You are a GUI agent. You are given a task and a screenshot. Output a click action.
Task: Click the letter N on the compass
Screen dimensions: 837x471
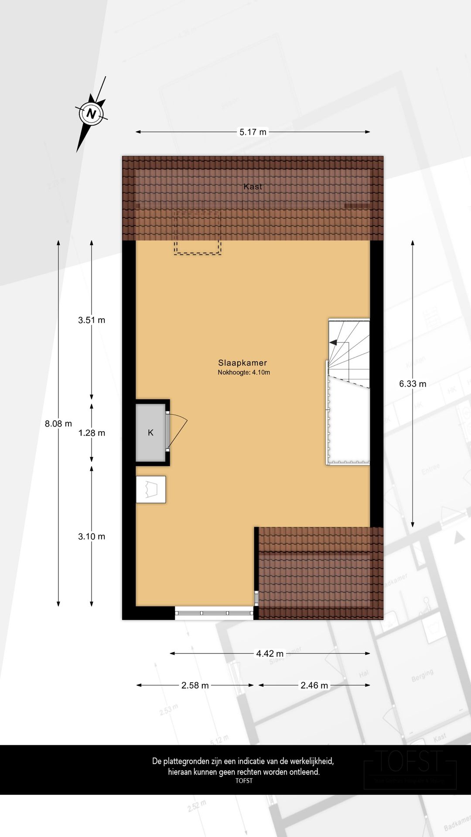[x=91, y=114]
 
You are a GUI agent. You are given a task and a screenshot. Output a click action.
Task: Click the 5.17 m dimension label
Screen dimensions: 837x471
[x=253, y=132]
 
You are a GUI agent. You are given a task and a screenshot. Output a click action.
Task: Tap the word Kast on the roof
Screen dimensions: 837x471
[x=253, y=187]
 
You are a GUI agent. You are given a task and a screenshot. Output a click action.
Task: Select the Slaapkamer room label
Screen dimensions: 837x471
[x=242, y=363]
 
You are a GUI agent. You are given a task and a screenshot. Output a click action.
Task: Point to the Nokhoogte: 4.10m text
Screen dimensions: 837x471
[x=244, y=372]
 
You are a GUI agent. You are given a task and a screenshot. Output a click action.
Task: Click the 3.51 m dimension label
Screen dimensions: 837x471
[x=92, y=320]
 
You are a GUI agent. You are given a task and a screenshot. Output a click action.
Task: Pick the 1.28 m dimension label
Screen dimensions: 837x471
[x=92, y=433]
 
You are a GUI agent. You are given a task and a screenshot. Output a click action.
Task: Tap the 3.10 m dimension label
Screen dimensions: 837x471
[x=92, y=537]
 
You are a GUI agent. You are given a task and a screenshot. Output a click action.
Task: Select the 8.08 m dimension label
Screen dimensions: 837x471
[x=58, y=423]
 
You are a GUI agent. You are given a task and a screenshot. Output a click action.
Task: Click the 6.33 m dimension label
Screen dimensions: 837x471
[x=413, y=384]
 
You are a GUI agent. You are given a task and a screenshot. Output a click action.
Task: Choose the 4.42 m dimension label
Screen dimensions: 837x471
[x=270, y=653]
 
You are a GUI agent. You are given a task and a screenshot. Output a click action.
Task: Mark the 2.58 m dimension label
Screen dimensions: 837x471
[x=195, y=685]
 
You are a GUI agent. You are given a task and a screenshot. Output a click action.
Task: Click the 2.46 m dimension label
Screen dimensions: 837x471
[x=314, y=685]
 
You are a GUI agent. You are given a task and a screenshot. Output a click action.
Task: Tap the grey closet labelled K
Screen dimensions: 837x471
[x=150, y=432]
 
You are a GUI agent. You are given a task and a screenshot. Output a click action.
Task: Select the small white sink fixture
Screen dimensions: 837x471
[x=151, y=490]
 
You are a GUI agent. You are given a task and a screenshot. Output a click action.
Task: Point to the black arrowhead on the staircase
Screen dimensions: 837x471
[x=333, y=343]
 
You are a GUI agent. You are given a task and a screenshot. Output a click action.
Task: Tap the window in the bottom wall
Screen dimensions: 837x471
[x=214, y=613]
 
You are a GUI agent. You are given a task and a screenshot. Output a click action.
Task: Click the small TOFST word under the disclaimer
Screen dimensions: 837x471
[x=244, y=781]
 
